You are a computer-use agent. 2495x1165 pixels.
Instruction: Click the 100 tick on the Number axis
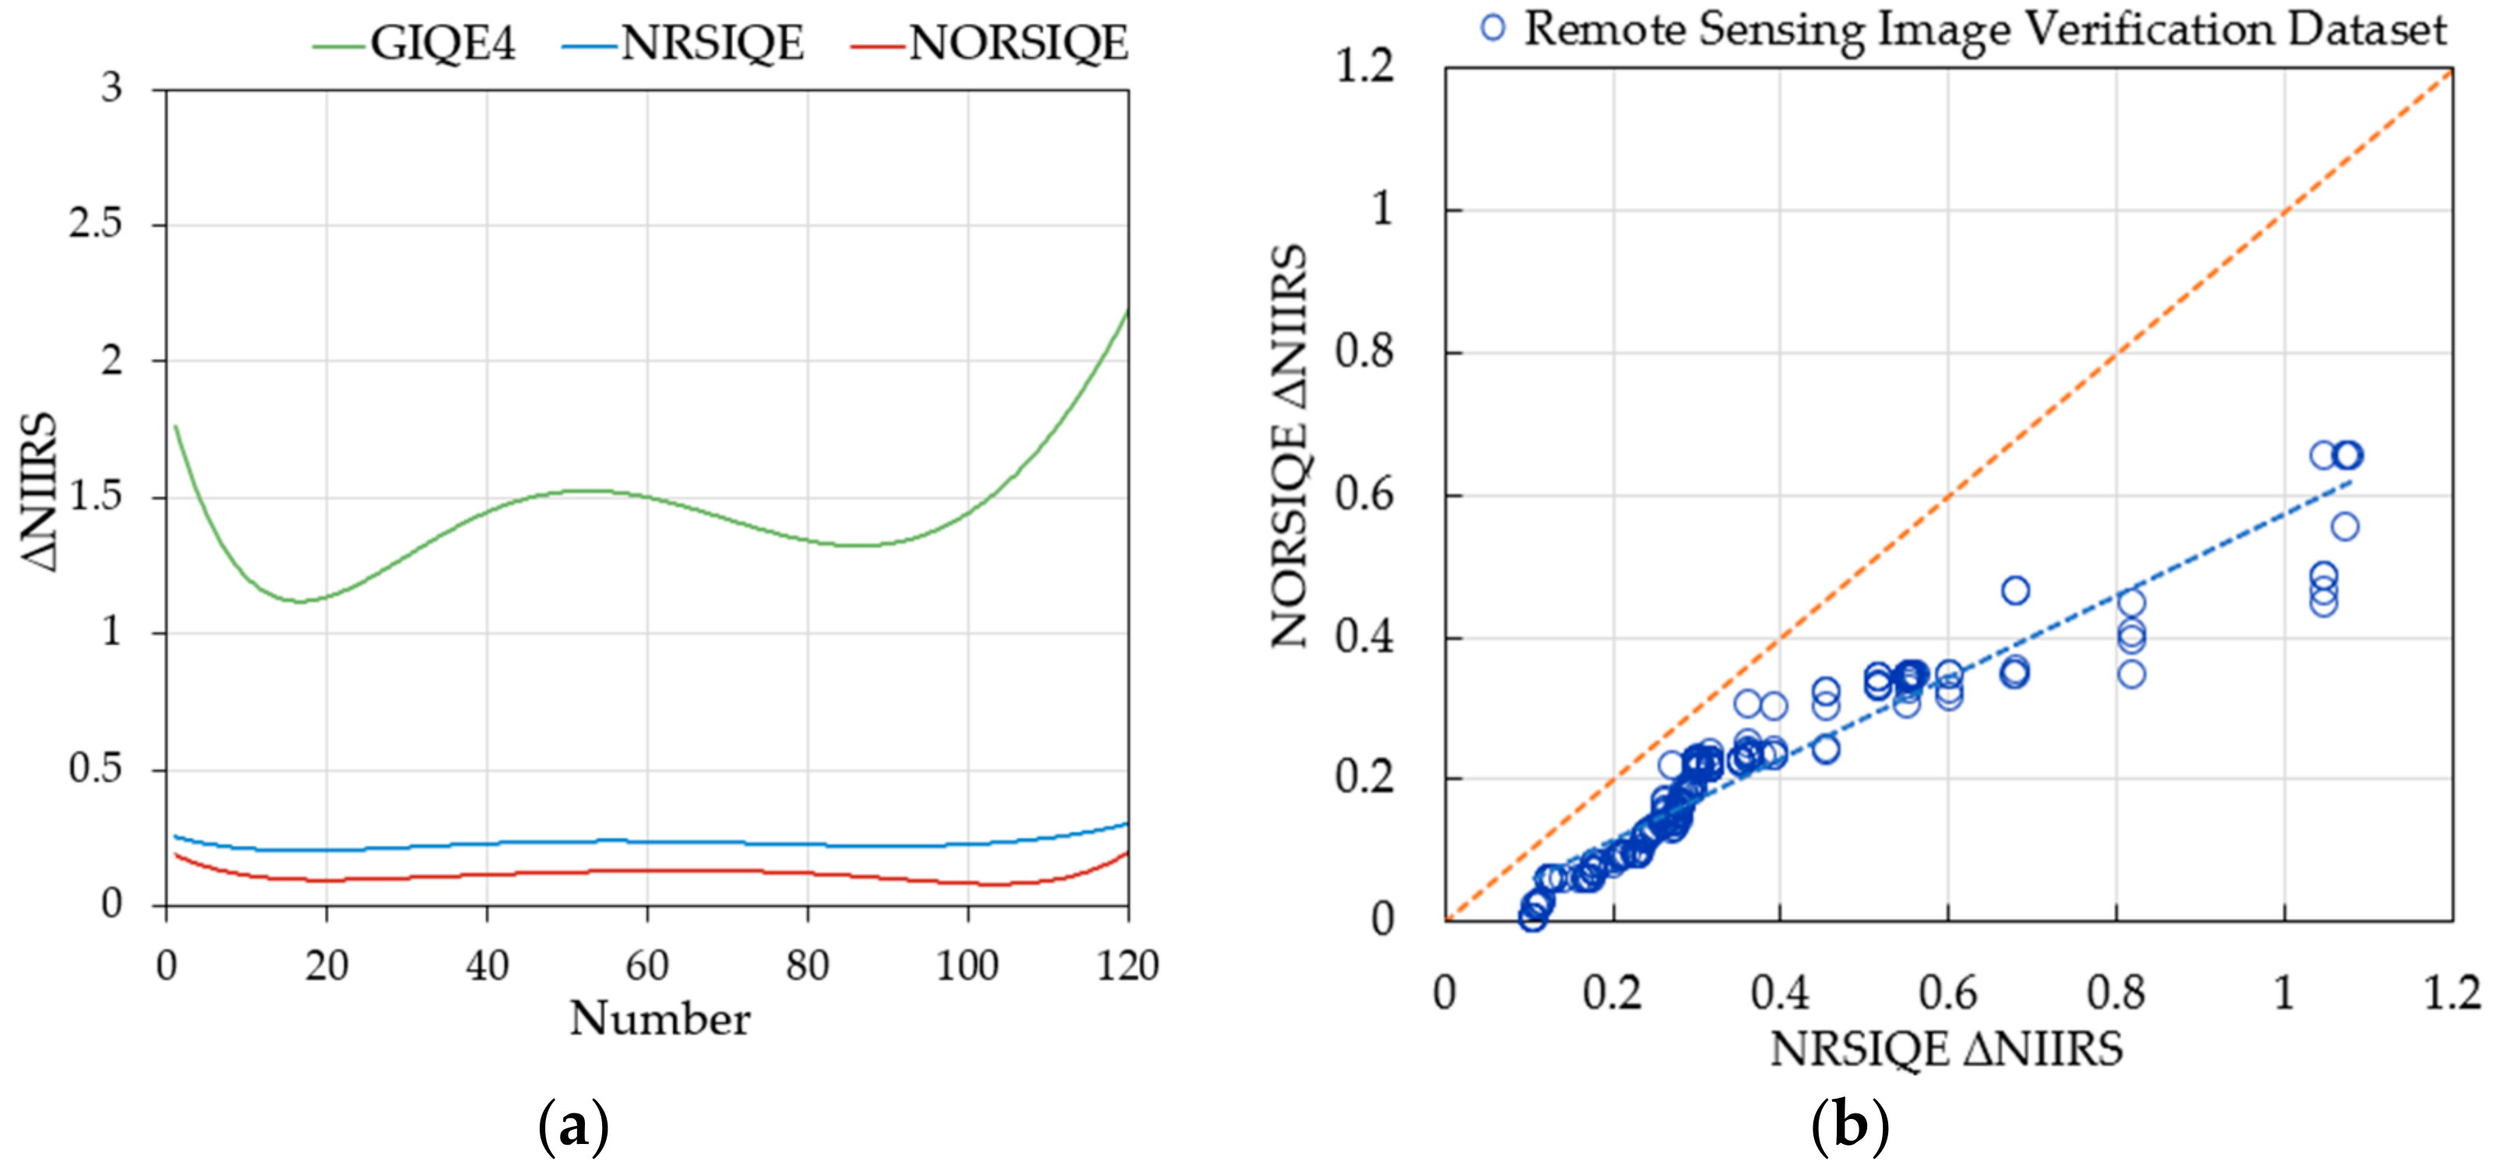[x=966, y=966]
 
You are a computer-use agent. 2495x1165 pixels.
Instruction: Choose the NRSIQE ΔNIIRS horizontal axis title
[x=1947, y=1049]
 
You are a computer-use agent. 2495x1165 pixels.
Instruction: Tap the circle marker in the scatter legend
[x=1493, y=28]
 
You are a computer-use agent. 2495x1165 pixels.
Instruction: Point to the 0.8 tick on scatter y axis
[x=1365, y=352]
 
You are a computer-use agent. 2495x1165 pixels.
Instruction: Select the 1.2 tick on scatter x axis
[x=2451, y=993]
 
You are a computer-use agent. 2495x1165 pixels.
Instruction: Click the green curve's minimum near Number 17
[x=300, y=601]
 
